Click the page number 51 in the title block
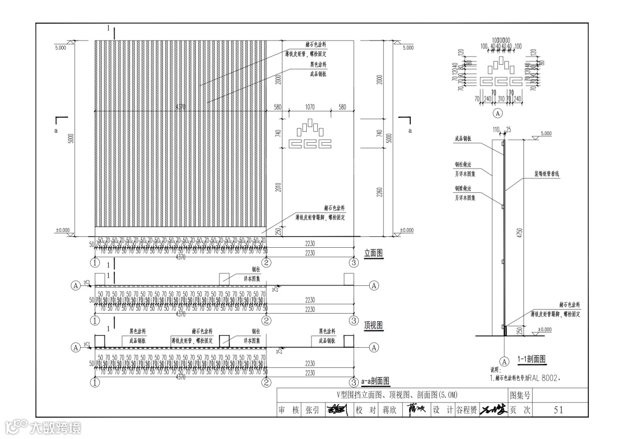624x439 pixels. click(x=558, y=410)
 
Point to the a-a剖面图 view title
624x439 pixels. click(x=375, y=381)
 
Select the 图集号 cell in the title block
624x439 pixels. click(x=519, y=396)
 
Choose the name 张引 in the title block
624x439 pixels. click(x=312, y=410)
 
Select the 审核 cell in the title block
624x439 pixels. click(x=288, y=410)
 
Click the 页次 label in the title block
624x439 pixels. click(x=519, y=410)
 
